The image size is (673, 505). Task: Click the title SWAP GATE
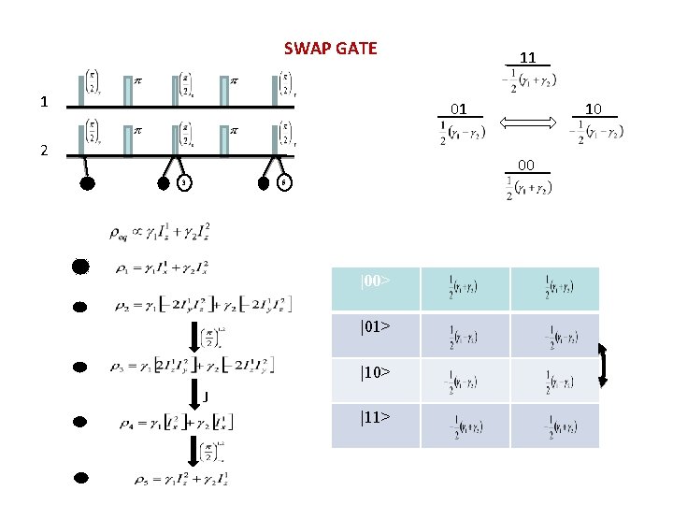(330, 48)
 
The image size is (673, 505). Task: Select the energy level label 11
(527, 57)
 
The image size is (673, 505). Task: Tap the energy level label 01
(458, 109)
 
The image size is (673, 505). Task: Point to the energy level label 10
(594, 109)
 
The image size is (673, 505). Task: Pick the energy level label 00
(526, 166)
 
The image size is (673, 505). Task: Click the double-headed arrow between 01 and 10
(527, 123)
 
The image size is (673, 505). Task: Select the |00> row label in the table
(375, 281)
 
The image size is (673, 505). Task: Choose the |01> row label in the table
(375, 327)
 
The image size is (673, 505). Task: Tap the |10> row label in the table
(375, 372)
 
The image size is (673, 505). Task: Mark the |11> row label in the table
(375, 417)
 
